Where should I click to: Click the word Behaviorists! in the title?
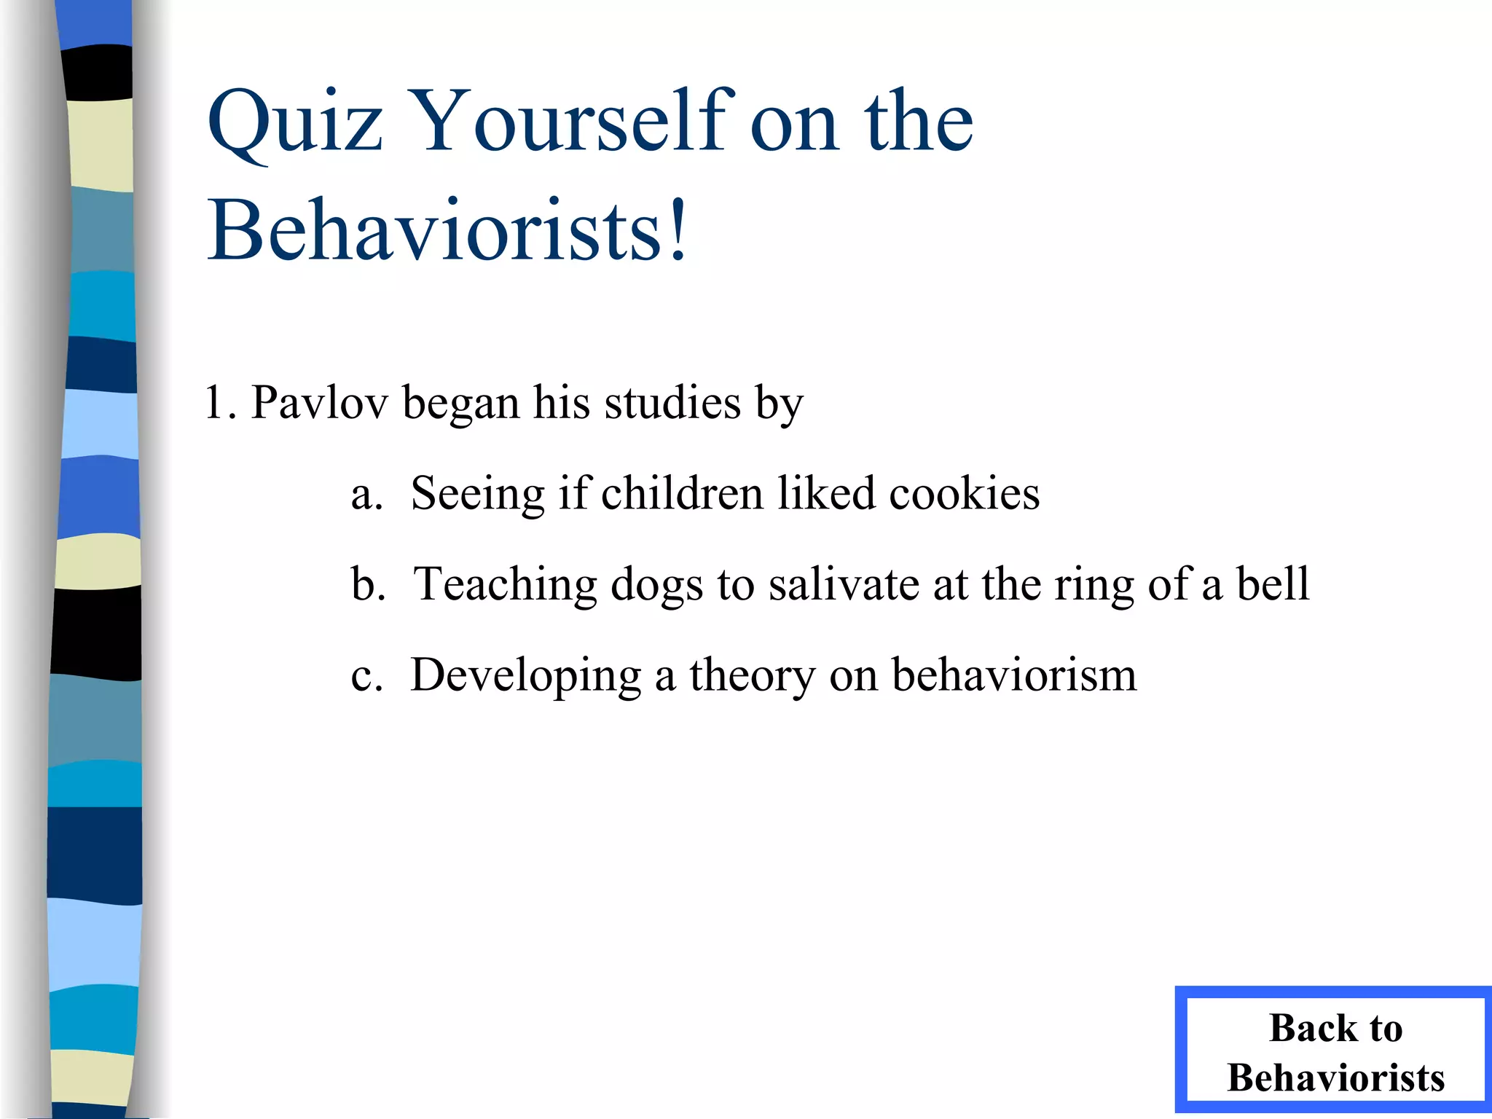(x=448, y=231)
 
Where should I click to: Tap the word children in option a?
(x=682, y=494)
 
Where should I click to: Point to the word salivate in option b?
(x=844, y=584)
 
